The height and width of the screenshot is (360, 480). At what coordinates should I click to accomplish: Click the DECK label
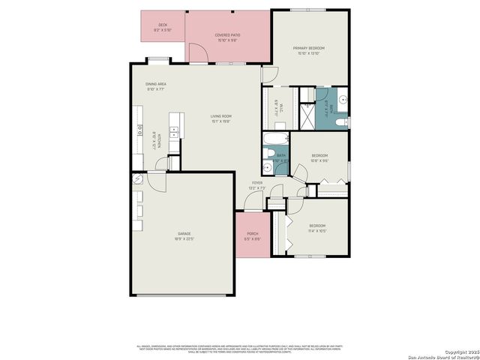[163, 25]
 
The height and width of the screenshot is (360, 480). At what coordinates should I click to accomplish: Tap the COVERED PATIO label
[227, 35]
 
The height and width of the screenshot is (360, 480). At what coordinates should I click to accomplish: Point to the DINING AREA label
[156, 84]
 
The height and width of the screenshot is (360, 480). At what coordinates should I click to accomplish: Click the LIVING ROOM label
[220, 116]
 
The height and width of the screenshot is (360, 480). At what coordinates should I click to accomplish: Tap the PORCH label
[252, 234]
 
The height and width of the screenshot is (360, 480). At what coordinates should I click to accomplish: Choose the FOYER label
[257, 183]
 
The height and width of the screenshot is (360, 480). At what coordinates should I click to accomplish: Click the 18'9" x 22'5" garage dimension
[184, 240]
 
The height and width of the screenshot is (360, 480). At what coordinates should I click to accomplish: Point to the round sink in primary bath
[343, 97]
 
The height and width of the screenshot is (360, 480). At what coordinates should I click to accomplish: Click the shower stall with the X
[307, 117]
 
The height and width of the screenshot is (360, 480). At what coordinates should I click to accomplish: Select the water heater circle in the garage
[138, 179]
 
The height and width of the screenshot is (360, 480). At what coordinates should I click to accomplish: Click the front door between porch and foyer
[248, 203]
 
